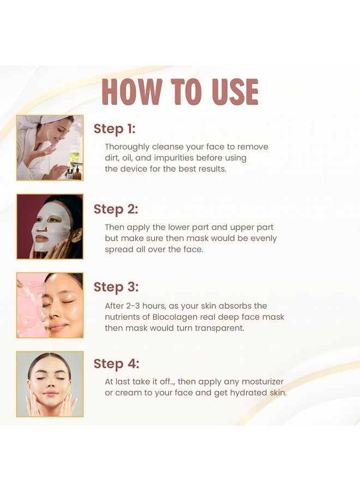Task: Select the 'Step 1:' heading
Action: click(x=114, y=129)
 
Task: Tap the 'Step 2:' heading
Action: click(x=115, y=209)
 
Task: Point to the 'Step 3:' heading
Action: click(x=115, y=287)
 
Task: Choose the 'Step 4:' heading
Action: click(x=116, y=364)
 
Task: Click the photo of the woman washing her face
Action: click(x=50, y=148)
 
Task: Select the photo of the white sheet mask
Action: click(x=50, y=226)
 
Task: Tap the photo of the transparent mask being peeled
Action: click(x=50, y=305)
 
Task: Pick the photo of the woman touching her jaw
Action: click(x=50, y=384)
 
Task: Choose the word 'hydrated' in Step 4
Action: click(x=243, y=393)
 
